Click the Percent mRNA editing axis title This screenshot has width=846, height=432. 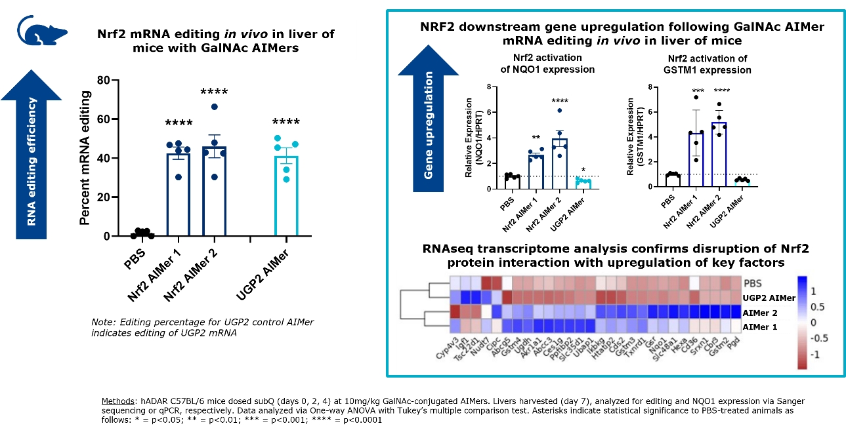coord(85,158)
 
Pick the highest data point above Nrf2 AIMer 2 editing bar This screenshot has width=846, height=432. coord(214,107)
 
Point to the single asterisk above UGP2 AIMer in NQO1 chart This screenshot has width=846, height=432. coord(583,170)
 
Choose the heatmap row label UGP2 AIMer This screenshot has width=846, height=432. coord(768,298)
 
